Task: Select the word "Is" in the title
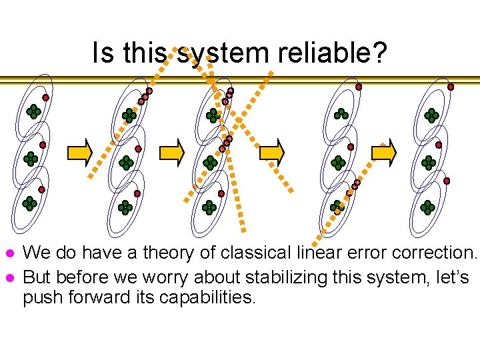tap(103, 53)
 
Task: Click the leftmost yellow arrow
tap(80, 153)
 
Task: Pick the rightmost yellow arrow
tap(383, 153)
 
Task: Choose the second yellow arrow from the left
tap(172, 153)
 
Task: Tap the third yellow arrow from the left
tap(272, 153)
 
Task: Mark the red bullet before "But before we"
tap(9, 277)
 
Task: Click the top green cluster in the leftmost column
tap(33, 112)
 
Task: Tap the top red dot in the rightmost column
tap(451, 87)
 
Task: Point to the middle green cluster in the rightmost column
tap(429, 163)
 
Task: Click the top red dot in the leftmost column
tap(45, 97)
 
